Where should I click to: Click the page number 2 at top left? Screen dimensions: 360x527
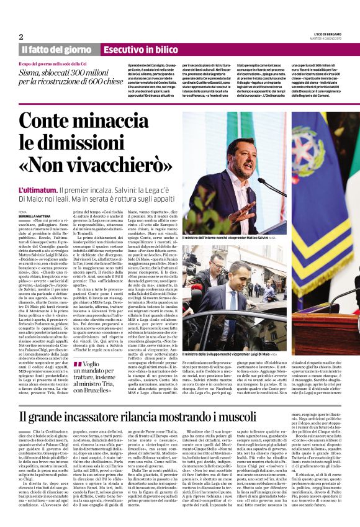(22, 37)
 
